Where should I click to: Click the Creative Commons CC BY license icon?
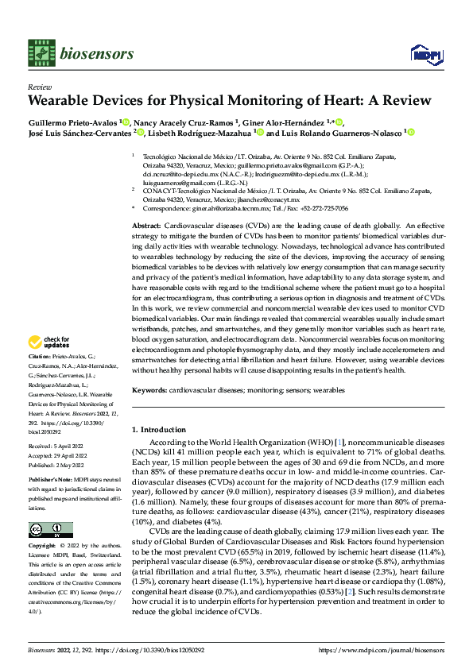50,530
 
